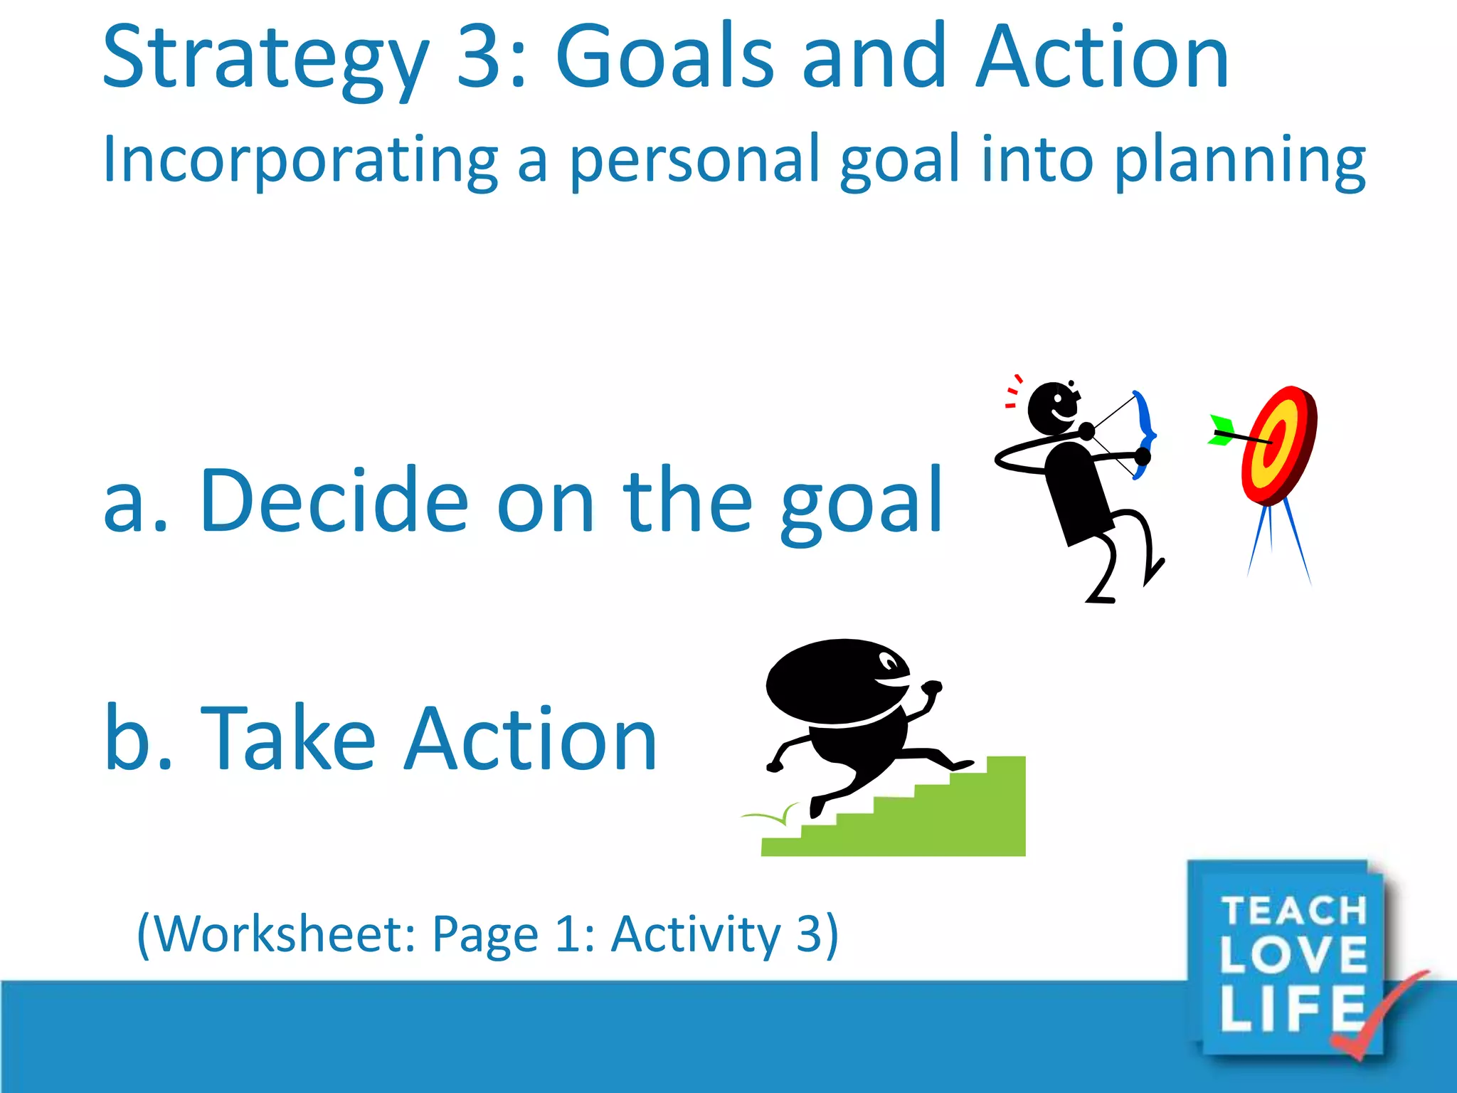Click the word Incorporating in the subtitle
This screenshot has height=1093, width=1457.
pyautogui.click(x=300, y=161)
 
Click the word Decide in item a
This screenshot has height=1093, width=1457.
pyautogui.click(x=334, y=501)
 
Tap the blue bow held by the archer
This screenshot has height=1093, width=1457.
pyautogui.click(x=1144, y=427)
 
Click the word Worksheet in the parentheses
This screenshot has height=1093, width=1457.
pyautogui.click(x=284, y=934)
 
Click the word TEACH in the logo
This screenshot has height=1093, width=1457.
pyautogui.click(x=1293, y=911)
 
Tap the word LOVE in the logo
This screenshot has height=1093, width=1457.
pyautogui.click(x=1293, y=956)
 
